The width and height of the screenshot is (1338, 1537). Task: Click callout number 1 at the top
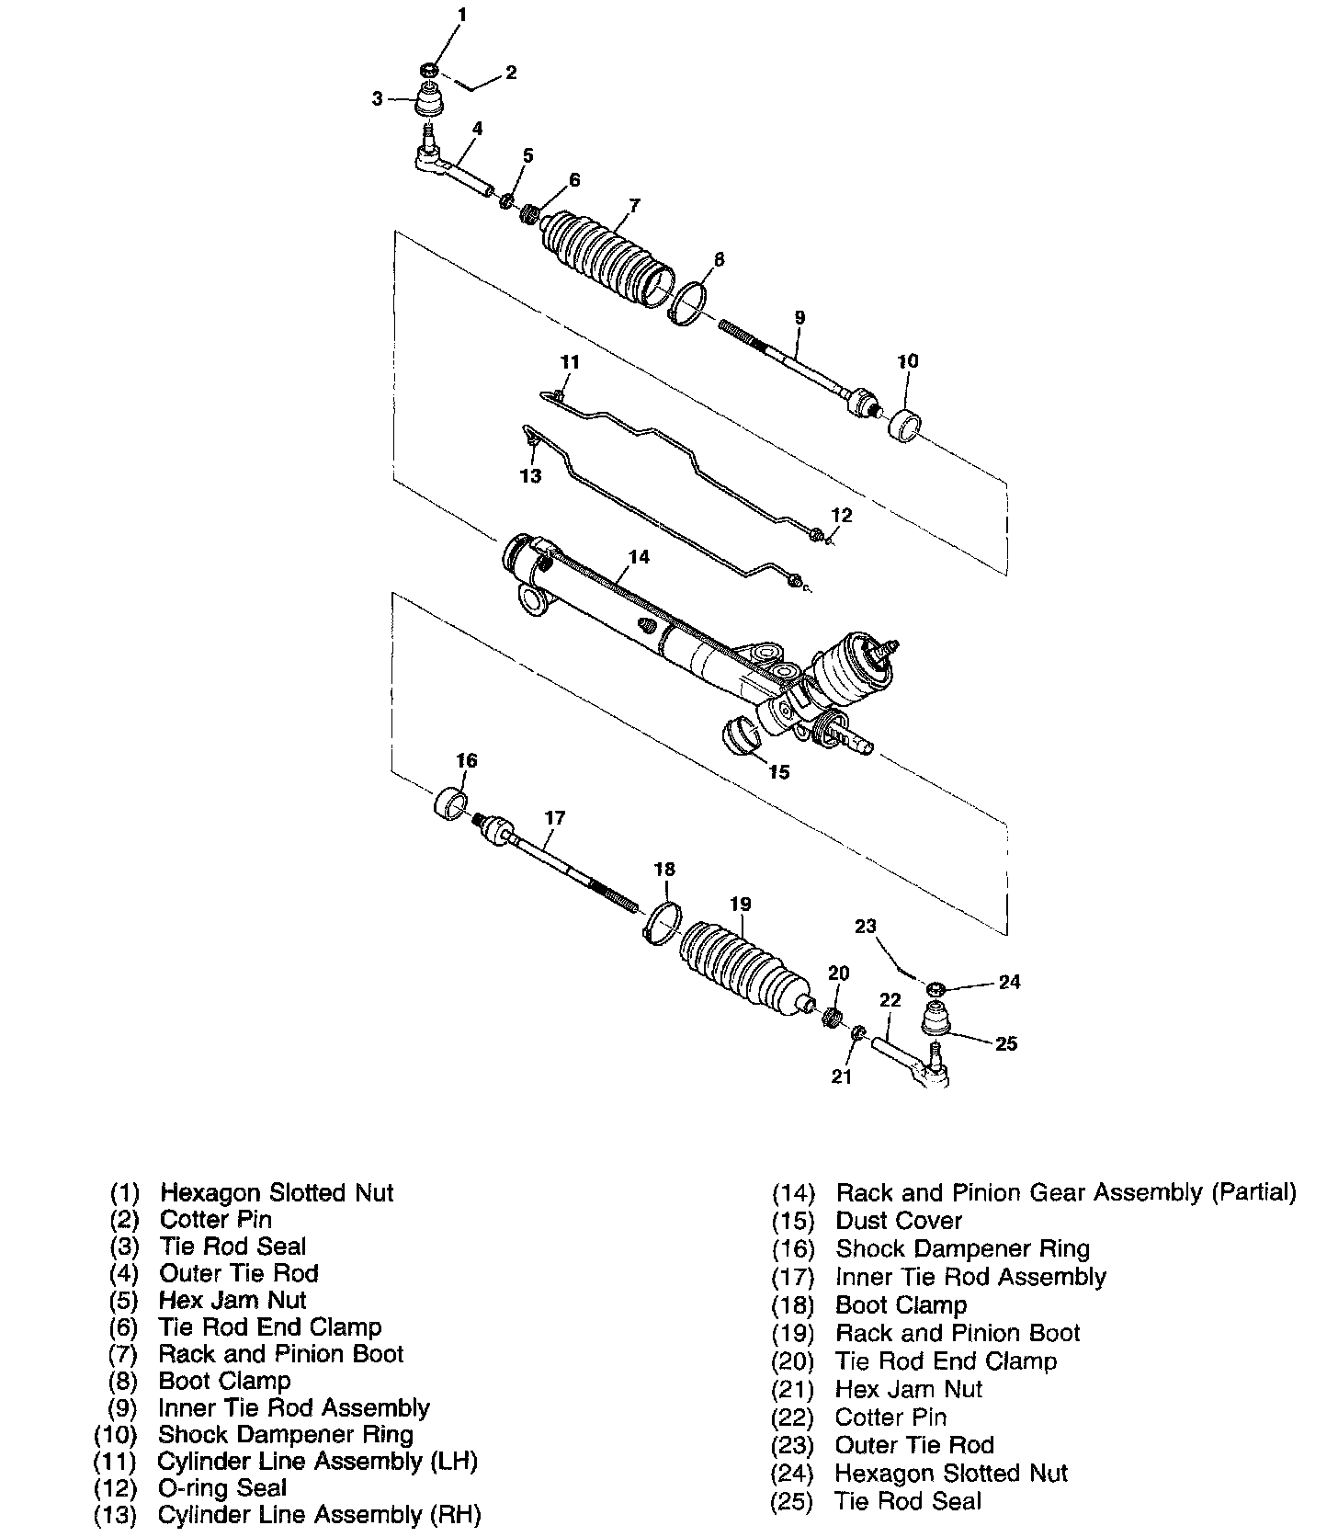462,15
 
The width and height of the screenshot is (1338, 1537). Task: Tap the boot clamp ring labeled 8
687,302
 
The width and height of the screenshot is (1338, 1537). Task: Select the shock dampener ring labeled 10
906,426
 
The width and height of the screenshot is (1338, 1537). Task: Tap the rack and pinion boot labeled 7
607,258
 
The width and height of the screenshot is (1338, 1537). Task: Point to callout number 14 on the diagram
639,556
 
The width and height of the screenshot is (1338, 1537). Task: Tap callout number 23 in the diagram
866,926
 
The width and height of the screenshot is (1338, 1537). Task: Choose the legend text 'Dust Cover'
898,1221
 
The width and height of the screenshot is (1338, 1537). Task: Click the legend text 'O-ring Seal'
222,1487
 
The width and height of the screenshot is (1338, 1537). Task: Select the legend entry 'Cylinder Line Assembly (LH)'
317,1461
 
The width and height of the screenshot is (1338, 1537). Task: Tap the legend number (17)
793,1278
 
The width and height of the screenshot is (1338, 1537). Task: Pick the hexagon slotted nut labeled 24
935,989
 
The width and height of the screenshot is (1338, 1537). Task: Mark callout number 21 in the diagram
842,1076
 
